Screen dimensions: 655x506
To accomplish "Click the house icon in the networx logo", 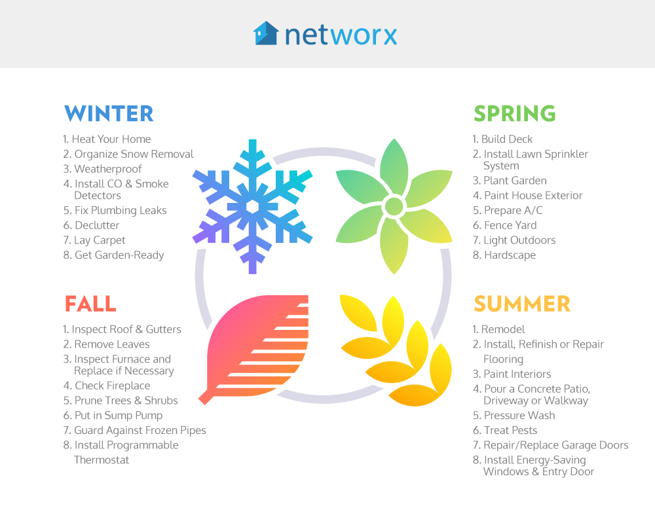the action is [x=266, y=33].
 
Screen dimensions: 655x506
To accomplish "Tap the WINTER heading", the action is [x=109, y=113].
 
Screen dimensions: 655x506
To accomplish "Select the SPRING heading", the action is [x=515, y=113].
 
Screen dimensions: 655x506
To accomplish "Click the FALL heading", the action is [x=90, y=304].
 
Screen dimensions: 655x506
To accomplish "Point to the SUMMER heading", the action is [x=522, y=304].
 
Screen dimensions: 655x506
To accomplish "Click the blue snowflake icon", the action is [x=252, y=207].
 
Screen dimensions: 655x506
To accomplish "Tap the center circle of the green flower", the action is [x=394, y=206].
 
